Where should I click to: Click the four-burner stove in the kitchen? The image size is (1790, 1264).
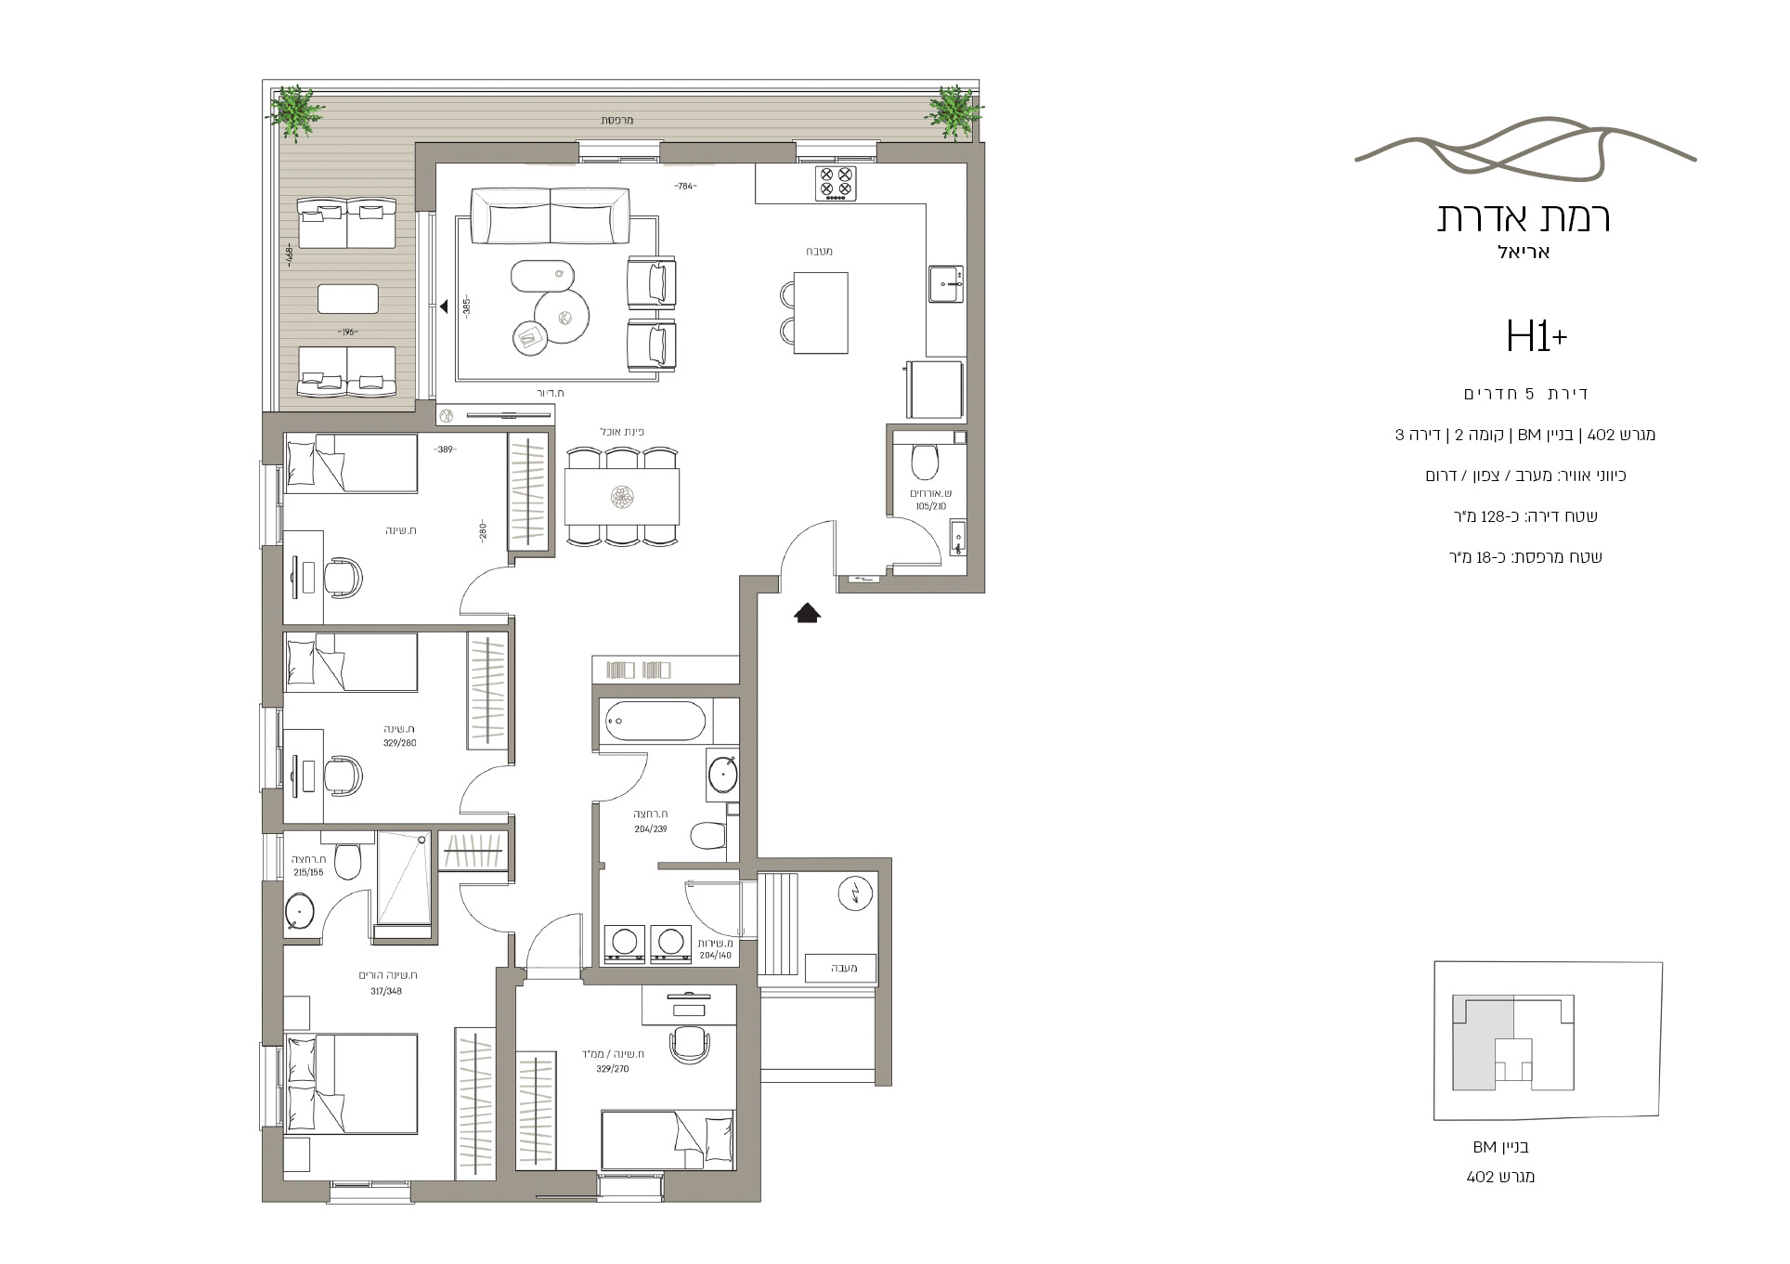point(836,183)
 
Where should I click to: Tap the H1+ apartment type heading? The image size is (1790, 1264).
point(1537,336)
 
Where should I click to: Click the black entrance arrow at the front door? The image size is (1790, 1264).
point(807,613)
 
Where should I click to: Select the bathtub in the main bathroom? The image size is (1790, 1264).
point(655,722)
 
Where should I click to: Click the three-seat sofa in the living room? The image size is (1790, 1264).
point(551,215)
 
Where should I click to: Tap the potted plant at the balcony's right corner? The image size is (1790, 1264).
point(953,112)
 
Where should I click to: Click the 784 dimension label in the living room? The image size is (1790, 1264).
point(685,187)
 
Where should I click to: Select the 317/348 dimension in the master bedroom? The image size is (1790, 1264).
point(387,991)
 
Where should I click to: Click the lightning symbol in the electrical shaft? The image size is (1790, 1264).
point(852,893)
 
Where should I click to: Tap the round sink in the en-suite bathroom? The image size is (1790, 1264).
point(301,912)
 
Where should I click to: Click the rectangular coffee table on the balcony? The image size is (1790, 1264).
point(348,299)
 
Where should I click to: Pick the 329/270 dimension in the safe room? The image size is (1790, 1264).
point(613,1069)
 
